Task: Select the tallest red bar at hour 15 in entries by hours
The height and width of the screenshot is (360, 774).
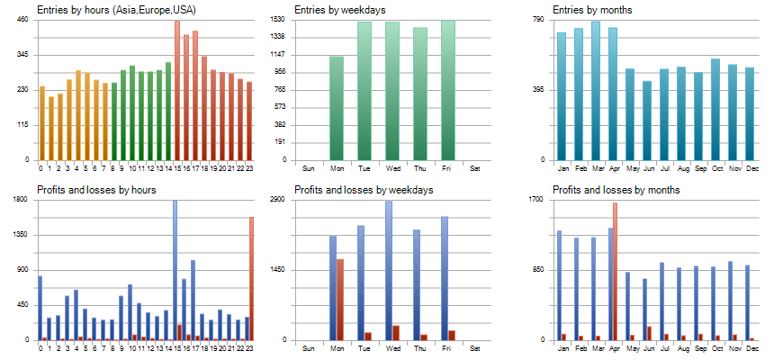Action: tap(176, 90)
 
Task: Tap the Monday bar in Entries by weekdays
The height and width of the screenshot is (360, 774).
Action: tap(337, 108)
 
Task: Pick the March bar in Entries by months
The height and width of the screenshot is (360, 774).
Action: tap(596, 90)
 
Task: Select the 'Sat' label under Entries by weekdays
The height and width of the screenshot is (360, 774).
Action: tap(475, 168)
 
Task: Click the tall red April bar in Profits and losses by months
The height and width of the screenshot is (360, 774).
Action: tap(615, 270)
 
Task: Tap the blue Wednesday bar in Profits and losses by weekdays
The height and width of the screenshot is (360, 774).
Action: tap(389, 270)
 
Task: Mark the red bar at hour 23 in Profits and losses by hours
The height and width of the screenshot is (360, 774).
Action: tap(252, 279)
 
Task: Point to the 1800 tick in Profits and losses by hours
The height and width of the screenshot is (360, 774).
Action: tap(21, 199)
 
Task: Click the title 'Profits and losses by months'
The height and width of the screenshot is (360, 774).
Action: tap(616, 190)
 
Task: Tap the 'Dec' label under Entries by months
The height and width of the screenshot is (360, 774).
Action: tap(749, 168)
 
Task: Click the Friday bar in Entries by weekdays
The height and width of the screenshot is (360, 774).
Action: tap(448, 90)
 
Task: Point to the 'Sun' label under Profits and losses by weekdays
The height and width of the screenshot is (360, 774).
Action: tap(309, 348)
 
